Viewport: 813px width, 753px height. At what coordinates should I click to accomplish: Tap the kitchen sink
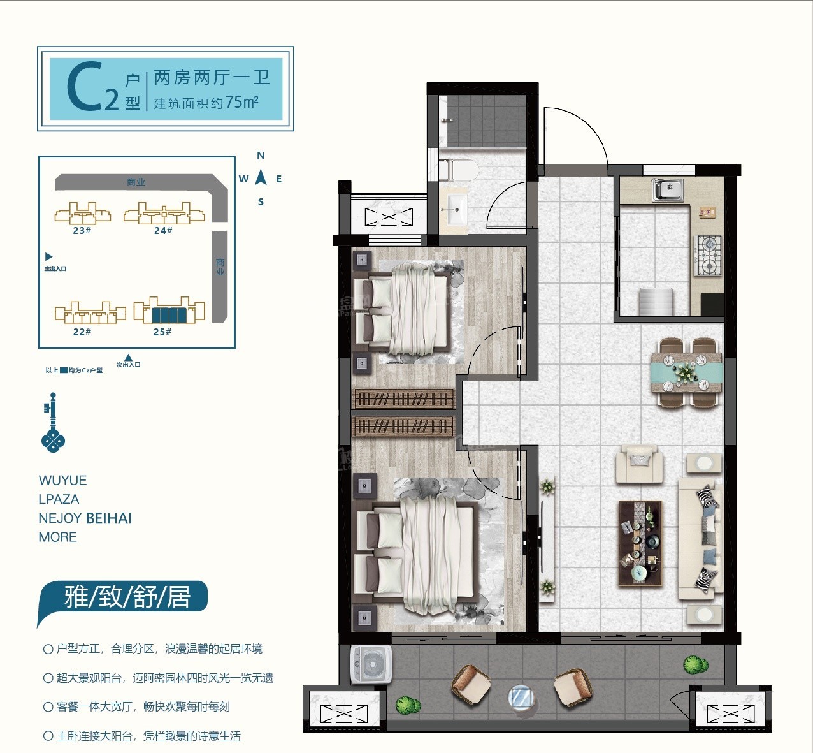(x=667, y=189)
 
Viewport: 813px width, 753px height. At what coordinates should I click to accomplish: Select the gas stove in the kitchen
(x=708, y=256)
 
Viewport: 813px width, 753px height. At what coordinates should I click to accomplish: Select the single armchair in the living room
(x=638, y=464)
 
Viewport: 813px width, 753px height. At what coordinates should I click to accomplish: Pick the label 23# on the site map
(x=82, y=231)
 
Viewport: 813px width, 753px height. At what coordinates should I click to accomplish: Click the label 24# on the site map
(x=163, y=231)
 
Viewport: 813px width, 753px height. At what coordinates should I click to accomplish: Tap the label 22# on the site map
(x=82, y=332)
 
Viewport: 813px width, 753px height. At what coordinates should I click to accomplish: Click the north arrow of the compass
(x=261, y=176)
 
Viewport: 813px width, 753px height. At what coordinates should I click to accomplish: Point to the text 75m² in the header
(x=241, y=102)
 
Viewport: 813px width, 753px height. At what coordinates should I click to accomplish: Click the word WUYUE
(x=62, y=481)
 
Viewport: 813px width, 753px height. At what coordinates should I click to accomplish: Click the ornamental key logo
(x=53, y=423)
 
